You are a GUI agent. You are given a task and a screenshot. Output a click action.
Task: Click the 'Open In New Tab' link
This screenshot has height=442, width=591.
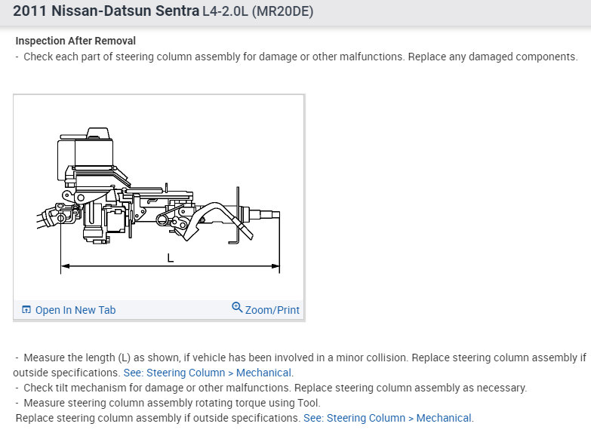pos(75,310)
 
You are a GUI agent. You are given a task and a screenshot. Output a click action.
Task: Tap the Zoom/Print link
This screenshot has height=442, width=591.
pos(272,310)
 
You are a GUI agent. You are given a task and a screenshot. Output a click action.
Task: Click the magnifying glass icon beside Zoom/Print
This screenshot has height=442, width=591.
pos(237,308)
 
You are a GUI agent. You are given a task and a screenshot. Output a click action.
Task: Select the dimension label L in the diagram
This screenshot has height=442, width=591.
pos(171,258)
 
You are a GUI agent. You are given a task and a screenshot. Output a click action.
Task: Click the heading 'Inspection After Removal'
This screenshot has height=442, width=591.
pos(75,41)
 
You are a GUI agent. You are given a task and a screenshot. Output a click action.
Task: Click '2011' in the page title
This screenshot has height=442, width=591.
pos(29,11)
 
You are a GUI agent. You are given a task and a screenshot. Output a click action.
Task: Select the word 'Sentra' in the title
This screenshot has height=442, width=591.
pos(177,11)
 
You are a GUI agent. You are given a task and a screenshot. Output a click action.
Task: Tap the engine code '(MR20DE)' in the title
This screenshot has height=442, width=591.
pos(282,11)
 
